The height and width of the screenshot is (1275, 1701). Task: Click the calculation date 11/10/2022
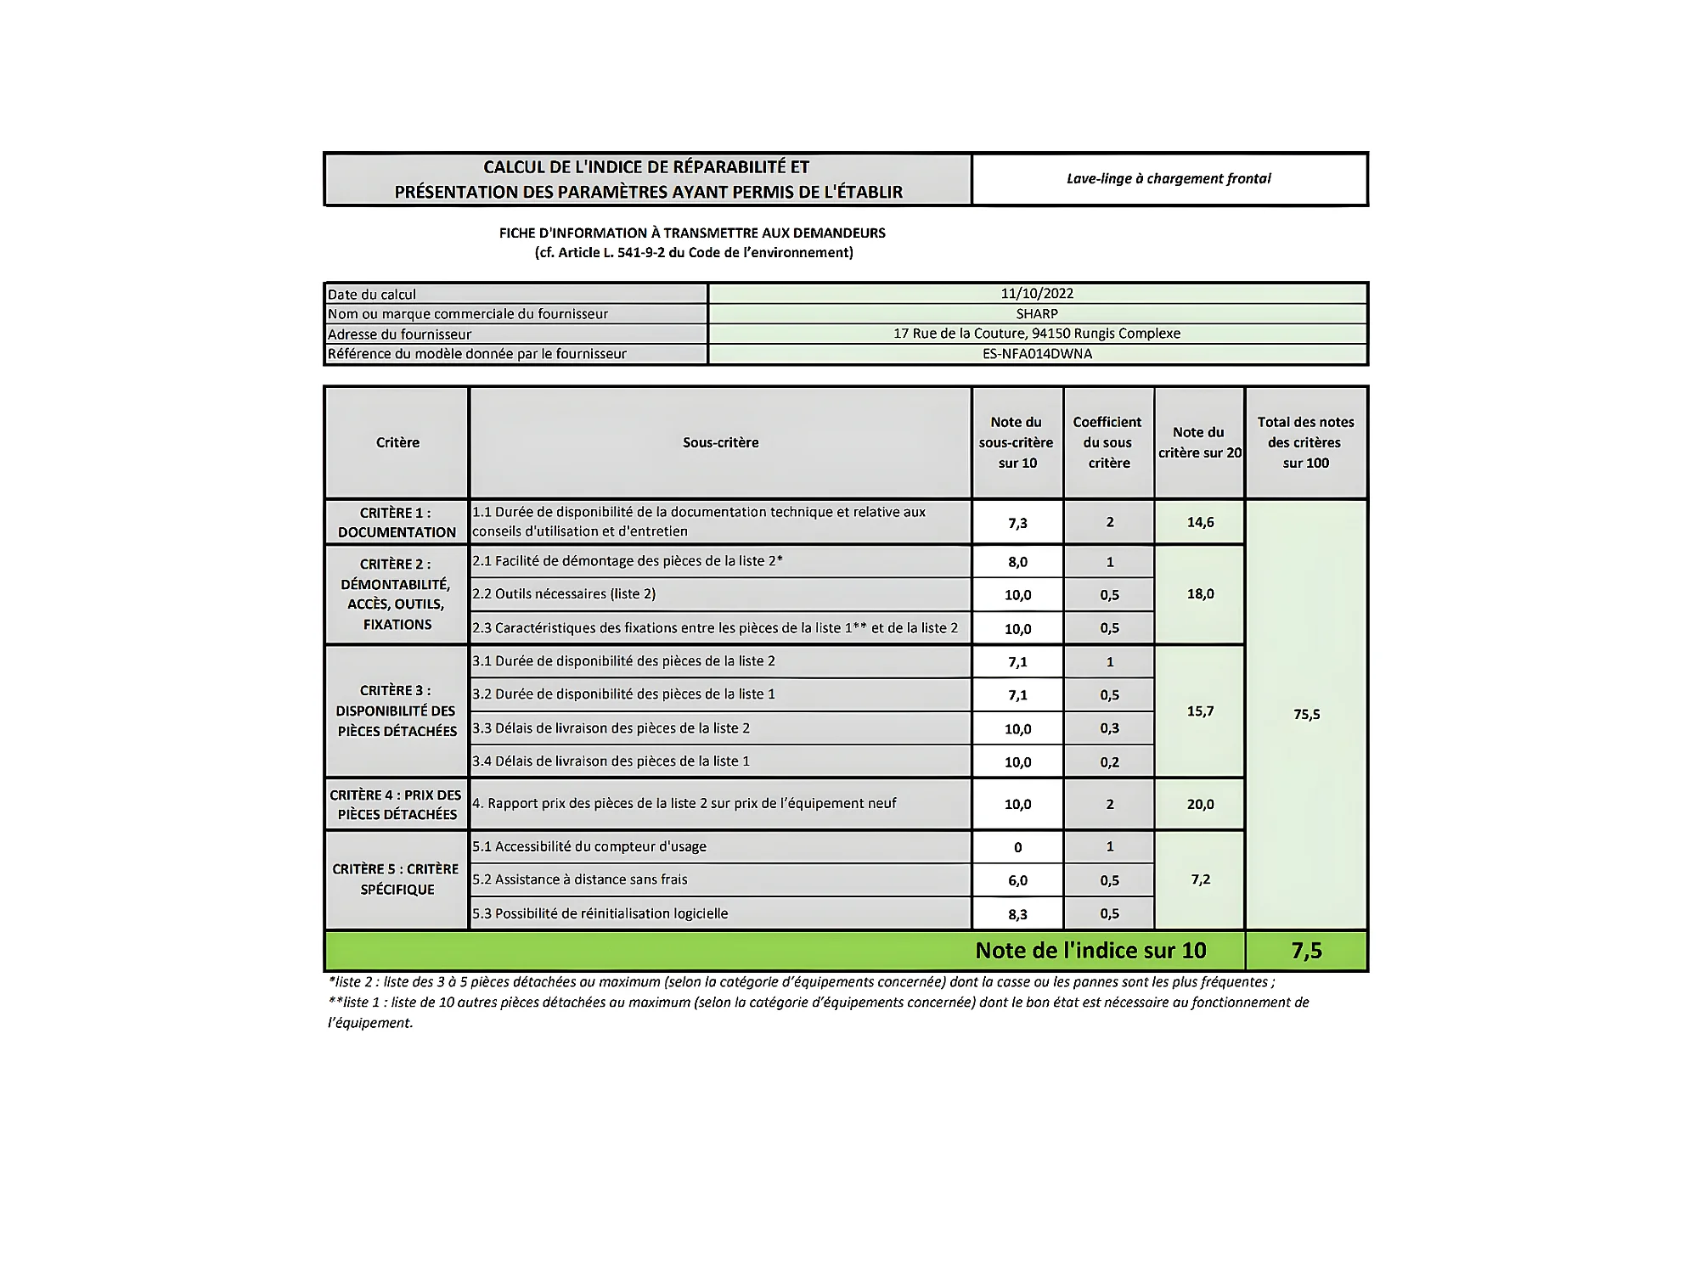pos(1036,294)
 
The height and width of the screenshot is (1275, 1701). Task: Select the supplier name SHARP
pos(1036,314)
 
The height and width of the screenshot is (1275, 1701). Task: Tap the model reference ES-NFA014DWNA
pos(1036,354)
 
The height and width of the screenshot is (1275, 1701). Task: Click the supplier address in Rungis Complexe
pos(1036,334)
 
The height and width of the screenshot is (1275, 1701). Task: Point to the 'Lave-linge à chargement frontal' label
pos(1169,179)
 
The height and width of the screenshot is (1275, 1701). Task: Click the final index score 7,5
pos(1306,951)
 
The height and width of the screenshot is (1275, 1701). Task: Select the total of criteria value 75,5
pos(1306,715)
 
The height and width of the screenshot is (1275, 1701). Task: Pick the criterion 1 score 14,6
pos(1200,522)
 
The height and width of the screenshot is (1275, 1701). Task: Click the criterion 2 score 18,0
pos(1200,594)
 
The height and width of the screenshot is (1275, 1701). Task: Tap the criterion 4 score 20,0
pos(1200,804)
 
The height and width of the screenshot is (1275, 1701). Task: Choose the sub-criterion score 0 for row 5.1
pos(1017,847)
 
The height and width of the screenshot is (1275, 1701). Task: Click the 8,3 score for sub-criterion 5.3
pos(1017,914)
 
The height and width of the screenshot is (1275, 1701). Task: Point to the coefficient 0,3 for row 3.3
pos(1109,728)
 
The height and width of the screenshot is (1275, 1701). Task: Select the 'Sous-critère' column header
pos(720,442)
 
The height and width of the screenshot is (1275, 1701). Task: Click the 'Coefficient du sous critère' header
pos(1107,442)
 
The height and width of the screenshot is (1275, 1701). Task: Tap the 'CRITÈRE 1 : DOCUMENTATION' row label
pos(397,522)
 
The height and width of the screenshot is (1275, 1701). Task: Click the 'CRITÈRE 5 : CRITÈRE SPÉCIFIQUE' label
pos(396,879)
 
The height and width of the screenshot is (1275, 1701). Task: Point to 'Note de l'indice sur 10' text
pos(1090,951)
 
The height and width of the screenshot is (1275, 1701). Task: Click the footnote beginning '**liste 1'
pos(818,1003)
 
